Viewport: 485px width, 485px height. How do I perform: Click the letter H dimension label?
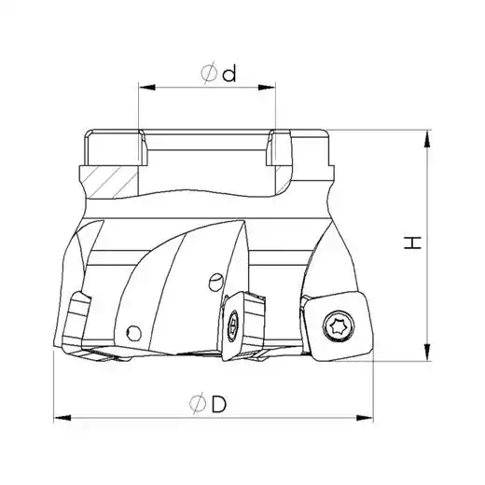click(412, 242)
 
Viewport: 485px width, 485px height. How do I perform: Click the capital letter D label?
click(219, 405)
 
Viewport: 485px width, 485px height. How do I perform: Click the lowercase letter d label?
click(229, 74)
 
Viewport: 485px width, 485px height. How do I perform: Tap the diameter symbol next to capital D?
click(198, 404)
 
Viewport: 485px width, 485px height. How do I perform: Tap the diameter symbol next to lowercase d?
click(209, 73)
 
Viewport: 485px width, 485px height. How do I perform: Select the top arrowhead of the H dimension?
click(428, 139)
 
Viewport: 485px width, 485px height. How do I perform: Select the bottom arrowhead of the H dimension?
click(428, 352)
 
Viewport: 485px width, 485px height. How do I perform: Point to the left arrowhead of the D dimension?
click(62, 418)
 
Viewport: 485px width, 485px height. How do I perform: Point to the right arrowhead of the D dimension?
click(365, 418)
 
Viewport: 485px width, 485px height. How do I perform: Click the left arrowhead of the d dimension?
click(147, 88)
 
